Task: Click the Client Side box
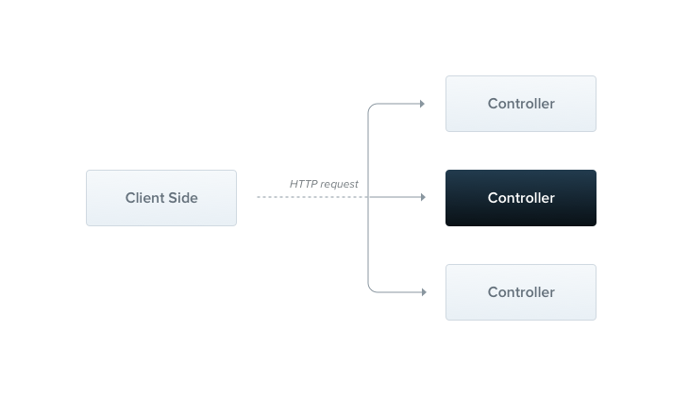click(x=161, y=198)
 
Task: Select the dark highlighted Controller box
click(x=521, y=198)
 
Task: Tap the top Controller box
click(x=521, y=104)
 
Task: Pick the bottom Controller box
click(x=521, y=292)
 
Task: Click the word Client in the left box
click(x=143, y=198)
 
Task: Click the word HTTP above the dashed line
click(x=303, y=184)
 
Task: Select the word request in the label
click(x=339, y=185)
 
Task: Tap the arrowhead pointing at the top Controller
click(x=422, y=104)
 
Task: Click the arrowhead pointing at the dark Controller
click(x=423, y=197)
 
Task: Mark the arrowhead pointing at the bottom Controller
click(x=424, y=292)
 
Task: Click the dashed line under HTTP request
click(x=312, y=197)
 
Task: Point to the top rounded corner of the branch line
click(x=371, y=107)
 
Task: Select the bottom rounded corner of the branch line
click(x=371, y=289)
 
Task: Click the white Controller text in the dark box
click(x=521, y=198)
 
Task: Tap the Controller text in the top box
click(x=521, y=104)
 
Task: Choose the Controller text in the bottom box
click(x=521, y=292)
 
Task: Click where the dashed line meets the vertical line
click(x=368, y=197)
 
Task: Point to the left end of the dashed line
click(x=258, y=197)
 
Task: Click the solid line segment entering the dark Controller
click(x=395, y=197)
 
